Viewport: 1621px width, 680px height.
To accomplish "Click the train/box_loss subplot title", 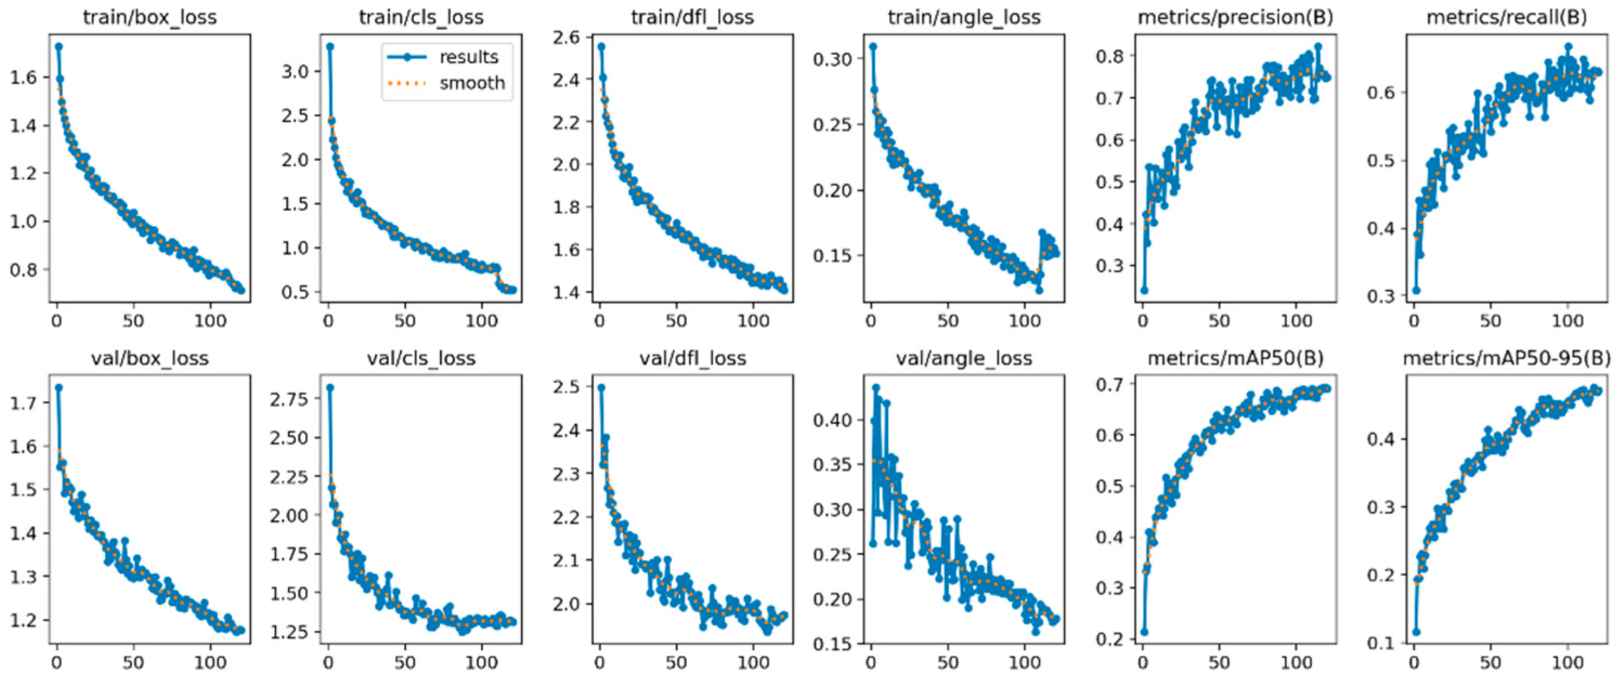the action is click(150, 17).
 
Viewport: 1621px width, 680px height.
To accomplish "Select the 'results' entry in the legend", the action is click(469, 57).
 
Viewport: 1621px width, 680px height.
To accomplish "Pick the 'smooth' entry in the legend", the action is click(472, 82).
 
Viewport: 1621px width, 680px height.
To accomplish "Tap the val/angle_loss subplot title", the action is click(964, 358).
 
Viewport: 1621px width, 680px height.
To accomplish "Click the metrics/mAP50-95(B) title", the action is click(1507, 358).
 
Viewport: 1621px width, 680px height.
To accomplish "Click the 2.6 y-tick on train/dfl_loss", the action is click(568, 37).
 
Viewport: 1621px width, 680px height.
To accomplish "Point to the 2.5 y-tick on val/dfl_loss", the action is click(568, 387).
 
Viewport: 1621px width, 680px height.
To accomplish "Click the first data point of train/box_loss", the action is click(58, 46).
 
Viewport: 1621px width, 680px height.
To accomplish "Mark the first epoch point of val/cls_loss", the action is click(330, 388).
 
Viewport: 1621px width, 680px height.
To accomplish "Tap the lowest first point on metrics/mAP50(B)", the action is click(1144, 632).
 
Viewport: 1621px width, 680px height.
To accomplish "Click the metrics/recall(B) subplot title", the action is click(1507, 17).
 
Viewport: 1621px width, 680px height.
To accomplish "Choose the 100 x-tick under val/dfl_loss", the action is click(753, 662).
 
